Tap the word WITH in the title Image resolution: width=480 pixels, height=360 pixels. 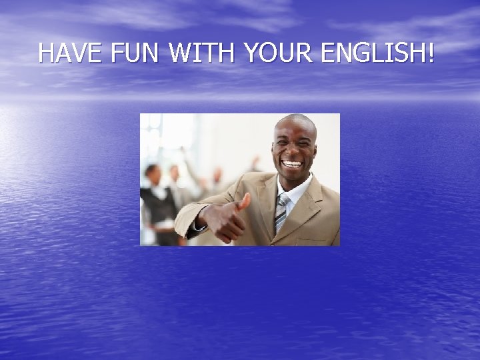(x=203, y=53)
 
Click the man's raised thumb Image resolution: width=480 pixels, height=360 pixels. (x=245, y=200)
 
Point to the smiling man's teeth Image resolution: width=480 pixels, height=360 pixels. (x=292, y=163)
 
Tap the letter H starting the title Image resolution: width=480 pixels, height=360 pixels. (x=45, y=53)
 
